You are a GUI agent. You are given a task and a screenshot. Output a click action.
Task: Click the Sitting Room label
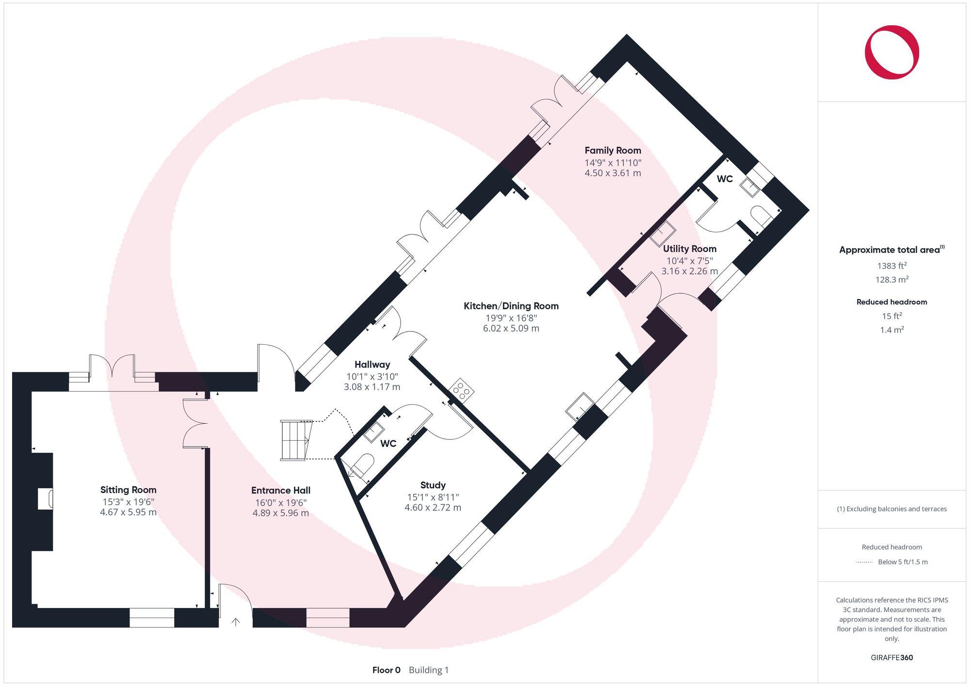[128, 490]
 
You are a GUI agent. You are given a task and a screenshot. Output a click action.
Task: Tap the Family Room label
[613, 150]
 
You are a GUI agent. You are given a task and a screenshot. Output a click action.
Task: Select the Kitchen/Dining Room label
[511, 306]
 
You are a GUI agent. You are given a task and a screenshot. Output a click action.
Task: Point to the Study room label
[433, 485]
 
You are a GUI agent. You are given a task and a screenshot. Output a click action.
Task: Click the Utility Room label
[689, 249]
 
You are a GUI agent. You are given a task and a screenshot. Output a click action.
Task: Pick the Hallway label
[372, 365]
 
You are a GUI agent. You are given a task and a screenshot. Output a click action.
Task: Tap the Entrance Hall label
[280, 490]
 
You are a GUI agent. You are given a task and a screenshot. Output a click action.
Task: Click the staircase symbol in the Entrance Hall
[294, 440]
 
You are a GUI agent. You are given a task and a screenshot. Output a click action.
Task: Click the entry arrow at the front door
[236, 622]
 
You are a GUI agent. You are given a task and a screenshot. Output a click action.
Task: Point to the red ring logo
[891, 52]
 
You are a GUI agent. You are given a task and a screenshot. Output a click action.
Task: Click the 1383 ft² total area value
[891, 266]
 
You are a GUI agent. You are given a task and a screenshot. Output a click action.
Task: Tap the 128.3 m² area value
[891, 280]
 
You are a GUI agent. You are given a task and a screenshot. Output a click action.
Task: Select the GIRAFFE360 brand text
[891, 657]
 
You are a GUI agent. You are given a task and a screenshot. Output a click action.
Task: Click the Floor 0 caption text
[386, 670]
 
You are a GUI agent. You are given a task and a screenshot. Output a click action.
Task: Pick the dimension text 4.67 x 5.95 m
[128, 512]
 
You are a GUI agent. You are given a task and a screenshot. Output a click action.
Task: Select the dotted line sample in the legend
[864, 562]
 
